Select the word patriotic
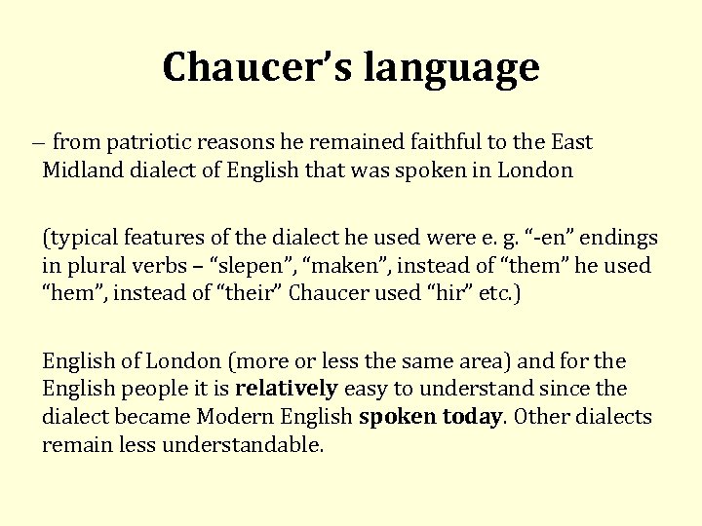click(153, 142)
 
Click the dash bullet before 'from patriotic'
click(35, 143)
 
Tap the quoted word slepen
click(221, 265)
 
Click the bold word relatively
click(286, 389)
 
